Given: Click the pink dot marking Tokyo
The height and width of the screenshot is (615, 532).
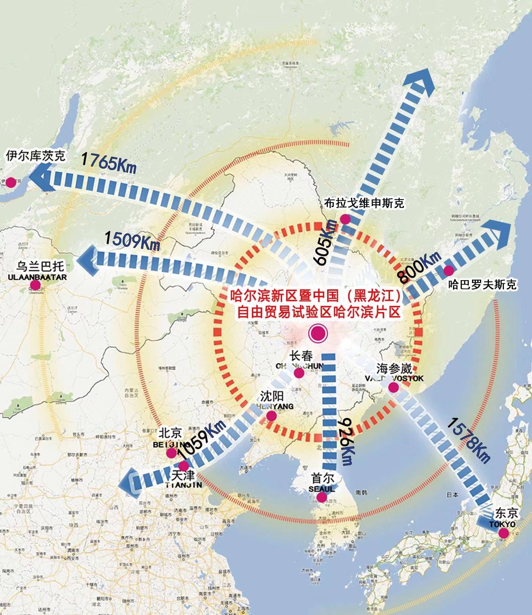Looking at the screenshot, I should [x=504, y=533].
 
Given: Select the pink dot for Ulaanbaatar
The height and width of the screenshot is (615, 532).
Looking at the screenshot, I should [x=35, y=285].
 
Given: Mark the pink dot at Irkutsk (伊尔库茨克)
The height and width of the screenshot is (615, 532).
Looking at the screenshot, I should [x=11, y=182].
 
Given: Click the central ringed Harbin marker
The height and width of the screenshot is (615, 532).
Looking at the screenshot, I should [x=318, y=333].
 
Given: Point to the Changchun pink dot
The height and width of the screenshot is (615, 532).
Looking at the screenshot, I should [x=299, y=373].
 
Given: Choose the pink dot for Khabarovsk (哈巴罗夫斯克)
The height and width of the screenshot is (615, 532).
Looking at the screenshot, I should [x=448, y=271].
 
